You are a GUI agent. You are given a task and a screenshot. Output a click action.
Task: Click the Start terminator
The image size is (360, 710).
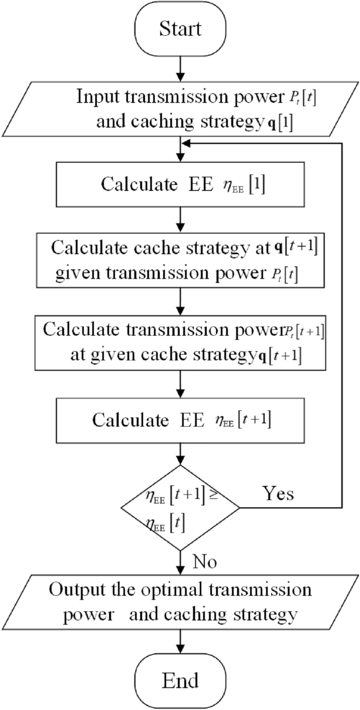[180, 28]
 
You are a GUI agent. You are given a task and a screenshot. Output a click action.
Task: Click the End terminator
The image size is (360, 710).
[180, 681]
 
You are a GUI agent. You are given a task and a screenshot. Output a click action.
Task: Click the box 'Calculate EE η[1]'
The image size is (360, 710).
[180, 184]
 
